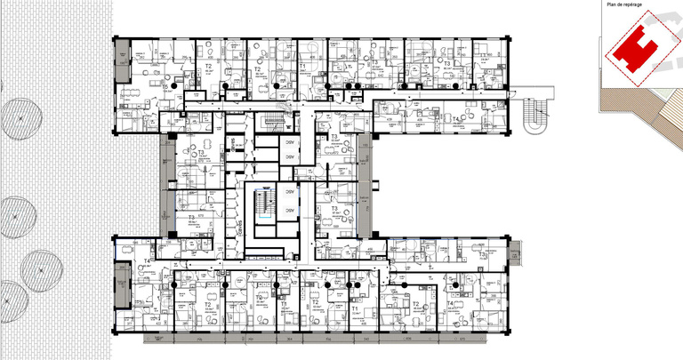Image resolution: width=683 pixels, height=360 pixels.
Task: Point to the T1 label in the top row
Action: click(x=302, y=66)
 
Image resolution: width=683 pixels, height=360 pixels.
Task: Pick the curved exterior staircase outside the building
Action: click(x=535, y=114)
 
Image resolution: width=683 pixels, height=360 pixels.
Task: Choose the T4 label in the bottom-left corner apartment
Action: click(x=147, y=260)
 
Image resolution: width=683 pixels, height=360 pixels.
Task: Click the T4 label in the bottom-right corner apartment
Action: click(x=451, y=304)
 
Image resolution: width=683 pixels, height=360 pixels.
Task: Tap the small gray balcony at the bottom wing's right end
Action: click(x=513, y=254)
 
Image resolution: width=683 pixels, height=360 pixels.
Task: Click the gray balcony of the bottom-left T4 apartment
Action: click(x=122, y=298)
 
